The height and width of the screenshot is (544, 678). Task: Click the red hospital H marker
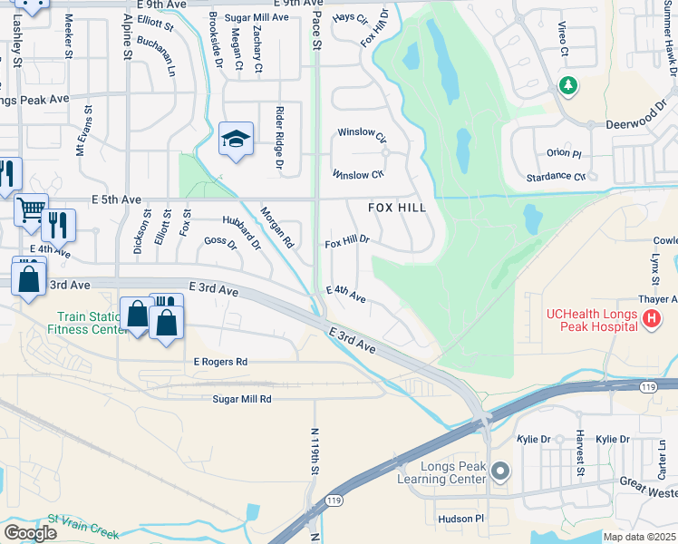point(650,319)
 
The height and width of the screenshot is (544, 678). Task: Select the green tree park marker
point(568,86)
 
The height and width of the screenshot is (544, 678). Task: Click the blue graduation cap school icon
point(236,140)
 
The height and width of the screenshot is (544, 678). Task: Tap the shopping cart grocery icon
point(30,209)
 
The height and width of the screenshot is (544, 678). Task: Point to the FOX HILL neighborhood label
point(397,208)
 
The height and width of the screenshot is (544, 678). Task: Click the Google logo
point(29,533)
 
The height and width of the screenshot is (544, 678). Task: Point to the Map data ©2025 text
point(639,537)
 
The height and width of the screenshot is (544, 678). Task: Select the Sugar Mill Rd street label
point(242,399)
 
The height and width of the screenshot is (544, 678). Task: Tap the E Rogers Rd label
point(220,362)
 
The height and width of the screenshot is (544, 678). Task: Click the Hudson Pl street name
point(462,519)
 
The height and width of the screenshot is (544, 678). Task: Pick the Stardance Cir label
point(554,177)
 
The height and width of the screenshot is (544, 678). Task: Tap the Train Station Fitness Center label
point(90,324)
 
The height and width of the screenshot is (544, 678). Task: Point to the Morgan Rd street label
point(277,227)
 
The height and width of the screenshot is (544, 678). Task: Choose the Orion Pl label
point(563,153)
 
